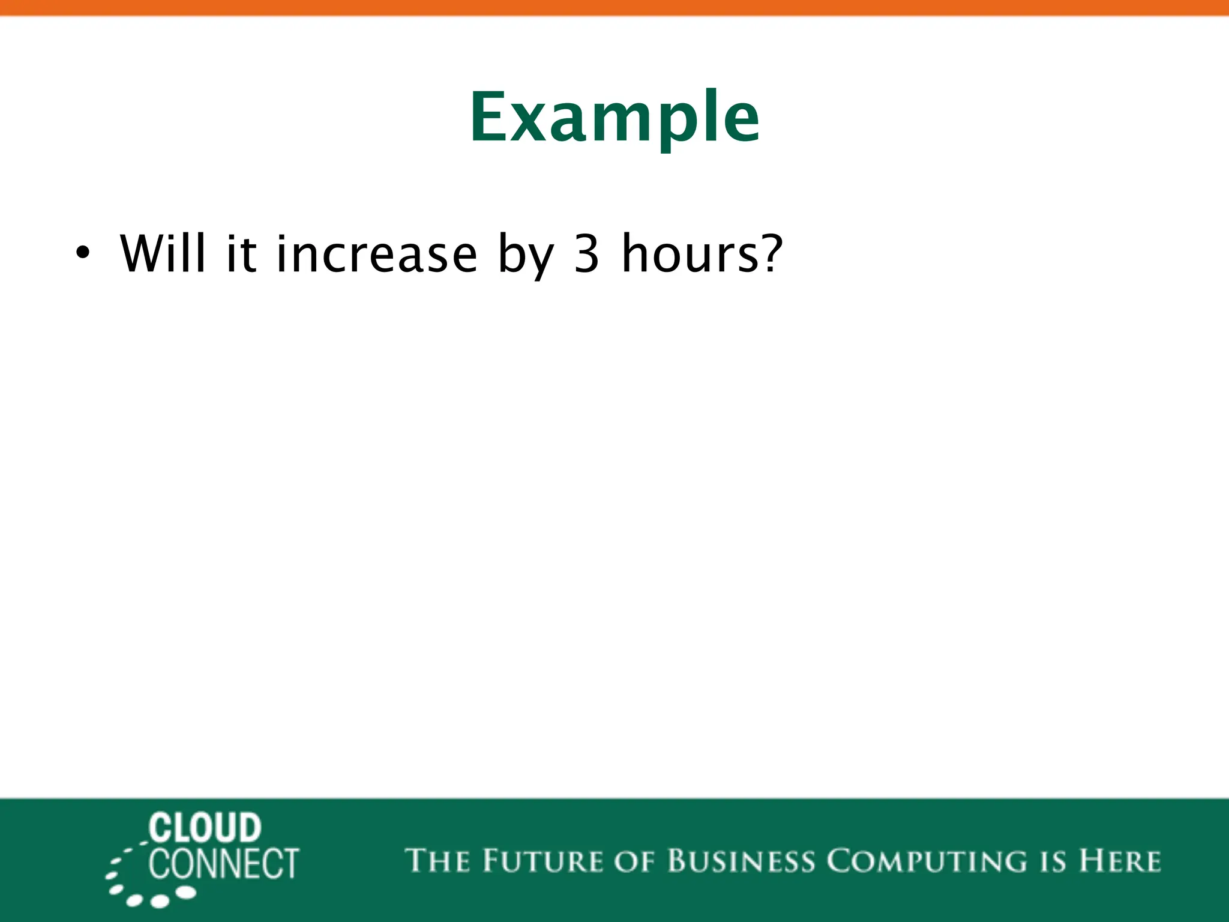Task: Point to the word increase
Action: click(376, 254)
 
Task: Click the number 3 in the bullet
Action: click(586, 254)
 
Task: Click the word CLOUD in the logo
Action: click(205, 828)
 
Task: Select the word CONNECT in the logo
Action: click(223, 864)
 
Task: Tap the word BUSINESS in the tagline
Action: click(741, 861)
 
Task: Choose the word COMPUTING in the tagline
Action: click(927, 861)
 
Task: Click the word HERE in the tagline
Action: click(1120, 861)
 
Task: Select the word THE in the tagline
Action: click(436, 861)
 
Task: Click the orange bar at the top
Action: click(614, 7)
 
